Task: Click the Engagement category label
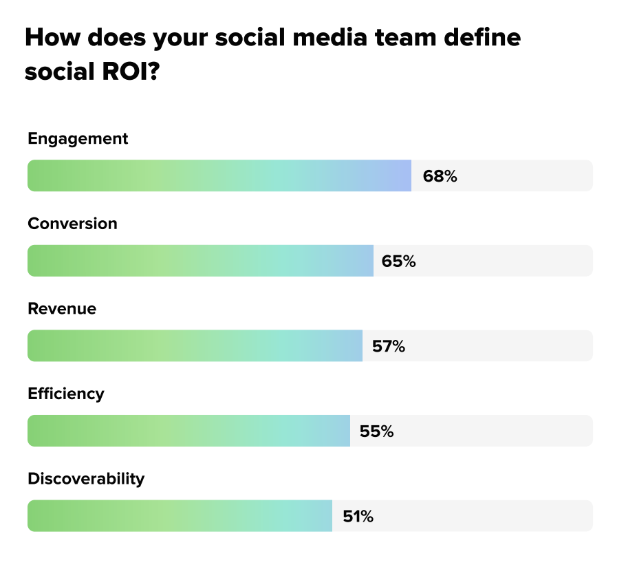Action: [78, 138]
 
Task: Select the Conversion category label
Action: [72, 224]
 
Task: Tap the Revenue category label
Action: [62, 308]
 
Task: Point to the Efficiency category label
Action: [66, 394]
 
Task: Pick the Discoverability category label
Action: [86, 478]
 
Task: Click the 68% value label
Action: [440, 176]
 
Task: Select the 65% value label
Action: [399, 261]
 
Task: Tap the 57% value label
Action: [389, 346]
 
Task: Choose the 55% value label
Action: [376, 431]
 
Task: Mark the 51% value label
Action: [358, 516]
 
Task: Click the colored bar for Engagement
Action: [219, 176]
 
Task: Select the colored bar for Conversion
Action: [200, 261]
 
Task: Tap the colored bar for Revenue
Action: [195, 346]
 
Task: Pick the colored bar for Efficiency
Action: [188, 431]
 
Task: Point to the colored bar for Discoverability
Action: [180, 516]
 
